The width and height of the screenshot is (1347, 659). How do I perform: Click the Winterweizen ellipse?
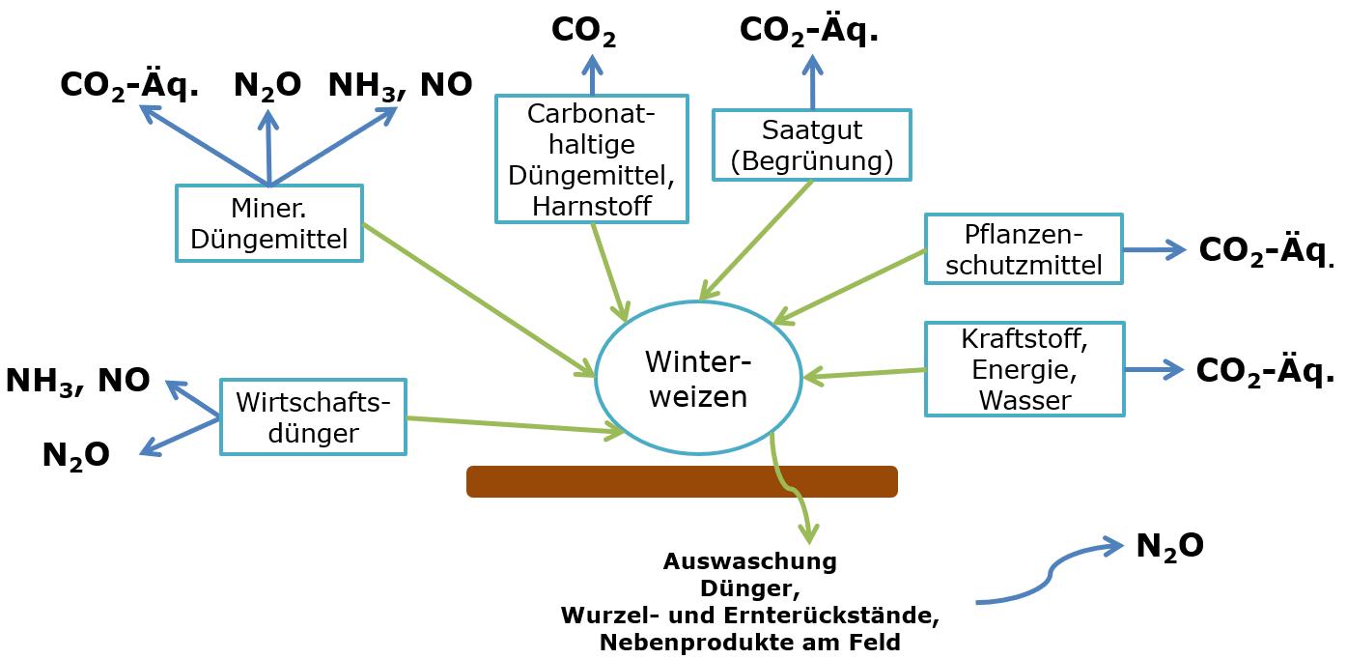698,377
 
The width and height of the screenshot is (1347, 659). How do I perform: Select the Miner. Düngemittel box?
268,223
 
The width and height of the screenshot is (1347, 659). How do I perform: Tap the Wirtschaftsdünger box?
313,416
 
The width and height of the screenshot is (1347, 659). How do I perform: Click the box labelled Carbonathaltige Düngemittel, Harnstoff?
591,158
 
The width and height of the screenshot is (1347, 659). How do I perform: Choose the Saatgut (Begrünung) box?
811,145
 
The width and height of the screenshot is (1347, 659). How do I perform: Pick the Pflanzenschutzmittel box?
1024,249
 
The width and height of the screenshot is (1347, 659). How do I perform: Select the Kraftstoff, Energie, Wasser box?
1024,369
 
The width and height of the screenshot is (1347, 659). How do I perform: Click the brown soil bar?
682,481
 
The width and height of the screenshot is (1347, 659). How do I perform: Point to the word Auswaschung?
749,561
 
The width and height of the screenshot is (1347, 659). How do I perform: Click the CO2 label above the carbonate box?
583,30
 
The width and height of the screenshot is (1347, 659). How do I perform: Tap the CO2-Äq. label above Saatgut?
808,30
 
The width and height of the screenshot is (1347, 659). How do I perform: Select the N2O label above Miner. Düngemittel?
267,85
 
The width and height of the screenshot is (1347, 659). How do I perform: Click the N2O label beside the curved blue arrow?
1169,546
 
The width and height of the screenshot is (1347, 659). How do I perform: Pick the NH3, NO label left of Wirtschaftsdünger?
77,380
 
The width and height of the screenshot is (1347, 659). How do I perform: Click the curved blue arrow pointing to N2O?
1050,574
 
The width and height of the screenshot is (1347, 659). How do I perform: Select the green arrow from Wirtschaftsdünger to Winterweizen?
512,425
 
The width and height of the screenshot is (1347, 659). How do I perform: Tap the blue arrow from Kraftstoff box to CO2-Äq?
1154,369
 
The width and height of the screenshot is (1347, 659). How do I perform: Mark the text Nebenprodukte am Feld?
749,643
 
